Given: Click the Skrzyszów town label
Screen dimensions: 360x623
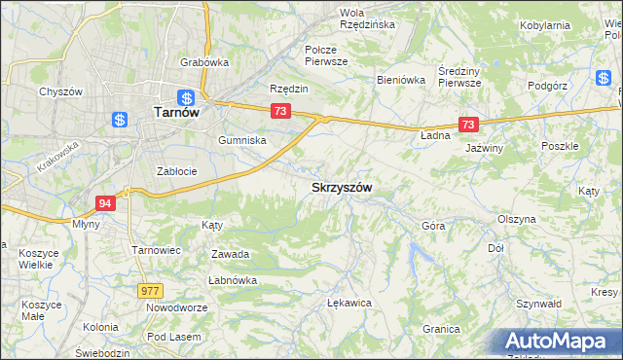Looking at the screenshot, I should (342, 186).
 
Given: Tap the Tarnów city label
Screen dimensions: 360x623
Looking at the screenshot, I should (177, 113).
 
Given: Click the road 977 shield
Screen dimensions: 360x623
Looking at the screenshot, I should (151, 290).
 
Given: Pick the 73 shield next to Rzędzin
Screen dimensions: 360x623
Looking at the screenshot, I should (279, 112).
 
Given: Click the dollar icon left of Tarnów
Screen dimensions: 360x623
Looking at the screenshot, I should (120, 120).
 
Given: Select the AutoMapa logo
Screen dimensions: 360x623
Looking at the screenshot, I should (560, 342).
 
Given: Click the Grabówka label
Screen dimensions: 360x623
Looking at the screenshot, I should (203, 62).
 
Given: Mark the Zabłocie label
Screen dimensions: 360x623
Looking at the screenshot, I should (177, 171).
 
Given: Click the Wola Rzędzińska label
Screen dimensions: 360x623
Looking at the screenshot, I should (366, 18).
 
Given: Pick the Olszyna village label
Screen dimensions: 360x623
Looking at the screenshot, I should (516, 219).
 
